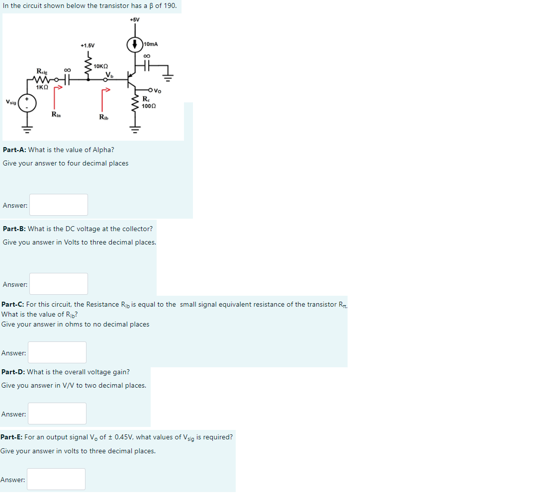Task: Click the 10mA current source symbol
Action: (135, 45)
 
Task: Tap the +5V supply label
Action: (135, 20)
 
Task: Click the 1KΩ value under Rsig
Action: (42, 87)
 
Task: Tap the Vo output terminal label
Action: (158, 90)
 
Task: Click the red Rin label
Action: (56, 115)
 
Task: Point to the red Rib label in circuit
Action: (104, 117)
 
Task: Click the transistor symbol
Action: (130, 79)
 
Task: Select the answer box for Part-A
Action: (59, 205)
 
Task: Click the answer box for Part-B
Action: (59, 284)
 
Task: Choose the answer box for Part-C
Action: (57, 352)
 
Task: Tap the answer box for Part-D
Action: (57, 414)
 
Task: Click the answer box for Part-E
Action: (56, 479)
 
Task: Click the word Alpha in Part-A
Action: (103, 150)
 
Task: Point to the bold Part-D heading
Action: (13, 372)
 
